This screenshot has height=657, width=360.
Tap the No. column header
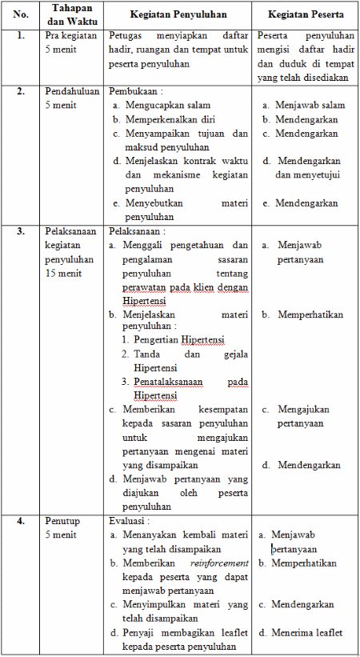22,15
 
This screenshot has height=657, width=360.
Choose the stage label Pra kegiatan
71,36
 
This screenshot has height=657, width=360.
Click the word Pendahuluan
73,90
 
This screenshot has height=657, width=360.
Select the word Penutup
63,520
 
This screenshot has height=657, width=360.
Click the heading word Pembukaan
135,90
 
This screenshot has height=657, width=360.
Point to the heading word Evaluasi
130,520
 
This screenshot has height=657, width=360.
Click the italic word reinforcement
219,563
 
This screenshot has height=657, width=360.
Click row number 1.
22,36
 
